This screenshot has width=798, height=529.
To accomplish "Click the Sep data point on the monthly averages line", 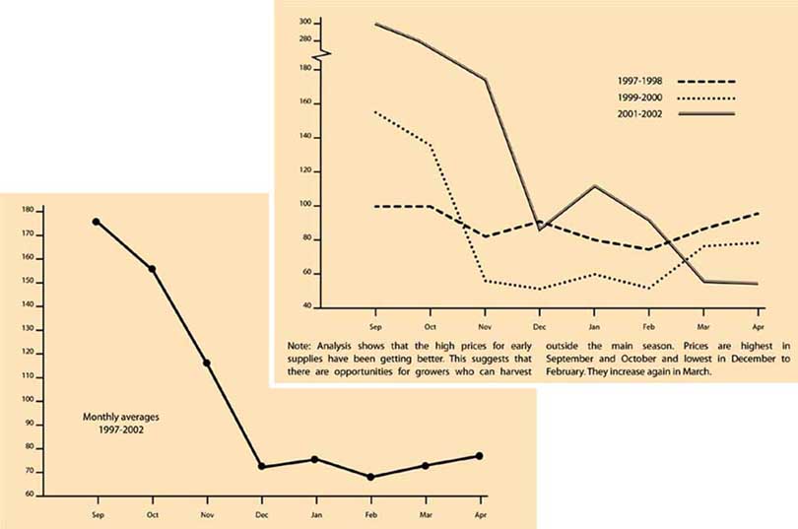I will (96, 222).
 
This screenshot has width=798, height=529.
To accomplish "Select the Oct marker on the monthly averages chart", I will (152, 269).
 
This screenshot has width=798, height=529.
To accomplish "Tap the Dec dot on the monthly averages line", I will (261, 466).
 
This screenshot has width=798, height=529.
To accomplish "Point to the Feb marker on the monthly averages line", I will (370, 477).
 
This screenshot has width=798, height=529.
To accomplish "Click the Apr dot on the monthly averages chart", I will (480, 455).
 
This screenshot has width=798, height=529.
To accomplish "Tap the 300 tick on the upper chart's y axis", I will (305, 22).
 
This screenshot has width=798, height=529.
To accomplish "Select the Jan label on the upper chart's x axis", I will (594, 325).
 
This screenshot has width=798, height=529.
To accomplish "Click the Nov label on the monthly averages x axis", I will (207, 513).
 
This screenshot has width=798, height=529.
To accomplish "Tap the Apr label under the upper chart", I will (757, 325).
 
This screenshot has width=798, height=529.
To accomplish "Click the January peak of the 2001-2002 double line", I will (594, 185).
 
